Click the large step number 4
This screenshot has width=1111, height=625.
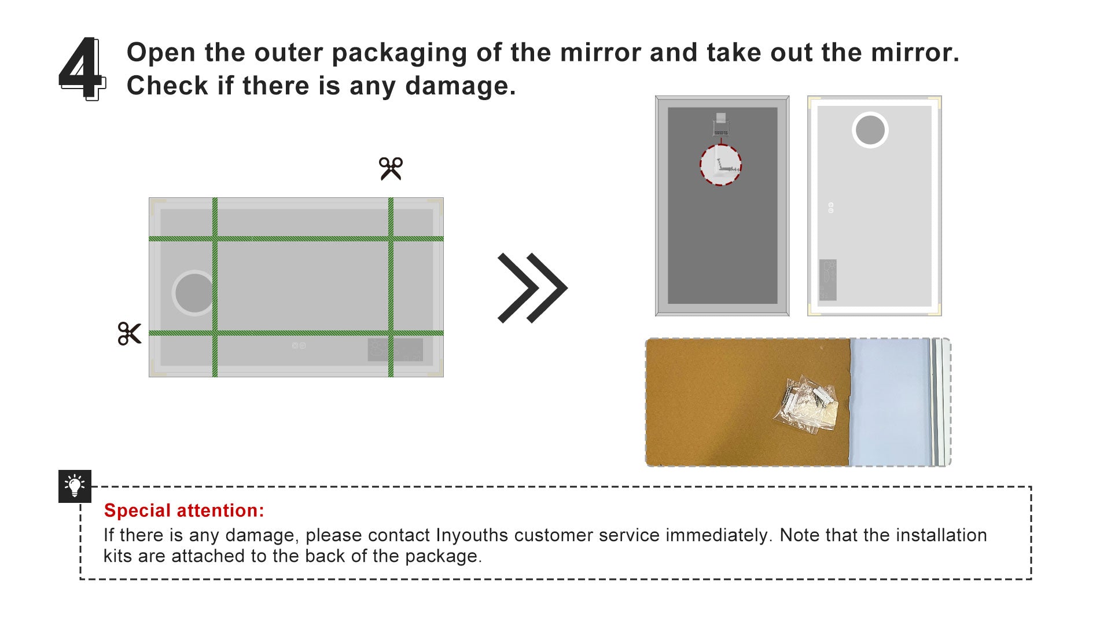(82, 68)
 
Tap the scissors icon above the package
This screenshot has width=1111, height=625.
(391, 168)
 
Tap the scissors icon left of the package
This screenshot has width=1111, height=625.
(129, 334)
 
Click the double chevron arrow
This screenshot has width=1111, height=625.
(532, 288)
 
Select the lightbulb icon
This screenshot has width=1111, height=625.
(75, 486)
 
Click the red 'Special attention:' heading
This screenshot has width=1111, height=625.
(184, 510)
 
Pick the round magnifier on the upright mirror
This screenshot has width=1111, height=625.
(870, 130)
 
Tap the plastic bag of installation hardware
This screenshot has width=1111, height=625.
(806, 403)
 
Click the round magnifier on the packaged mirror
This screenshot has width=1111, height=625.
(194, 292)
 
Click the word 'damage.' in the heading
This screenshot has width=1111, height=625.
(461, 86)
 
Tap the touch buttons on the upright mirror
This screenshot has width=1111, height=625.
(831, 208)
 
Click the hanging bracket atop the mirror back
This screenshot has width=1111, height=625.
(720, 124)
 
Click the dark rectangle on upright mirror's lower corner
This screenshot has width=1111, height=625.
(828, 280)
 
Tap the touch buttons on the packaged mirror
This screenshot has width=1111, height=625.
(299, 345)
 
